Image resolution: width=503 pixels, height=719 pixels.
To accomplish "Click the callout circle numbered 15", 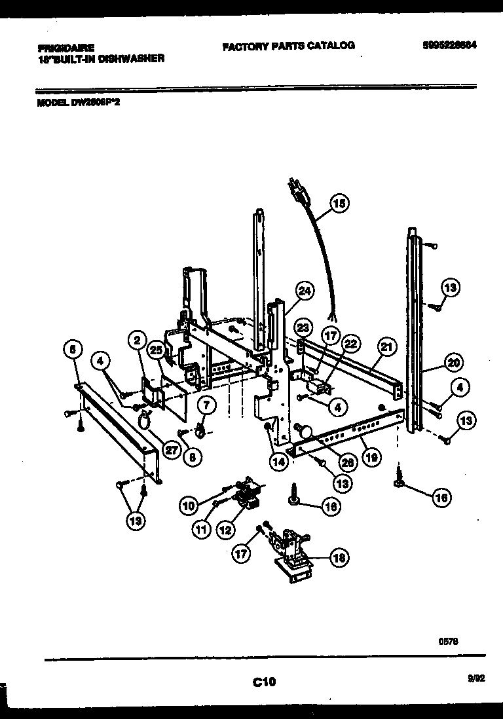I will tap(338, 204).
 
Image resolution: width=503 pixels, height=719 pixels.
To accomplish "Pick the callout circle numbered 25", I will tap(155, 350).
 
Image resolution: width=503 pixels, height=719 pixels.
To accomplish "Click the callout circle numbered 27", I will tap(172, 451).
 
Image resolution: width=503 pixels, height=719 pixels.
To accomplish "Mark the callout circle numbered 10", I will tap(189, 506).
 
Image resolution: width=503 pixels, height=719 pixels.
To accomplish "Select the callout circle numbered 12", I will tap(226, 529).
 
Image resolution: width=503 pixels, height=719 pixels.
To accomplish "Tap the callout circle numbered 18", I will tap(338, 558).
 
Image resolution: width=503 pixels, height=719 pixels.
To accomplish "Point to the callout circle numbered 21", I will tap(387, 348).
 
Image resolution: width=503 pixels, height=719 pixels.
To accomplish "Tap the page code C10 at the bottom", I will tap(264, 682).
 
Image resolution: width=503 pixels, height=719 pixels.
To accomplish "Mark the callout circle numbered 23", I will tap(301, 327).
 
